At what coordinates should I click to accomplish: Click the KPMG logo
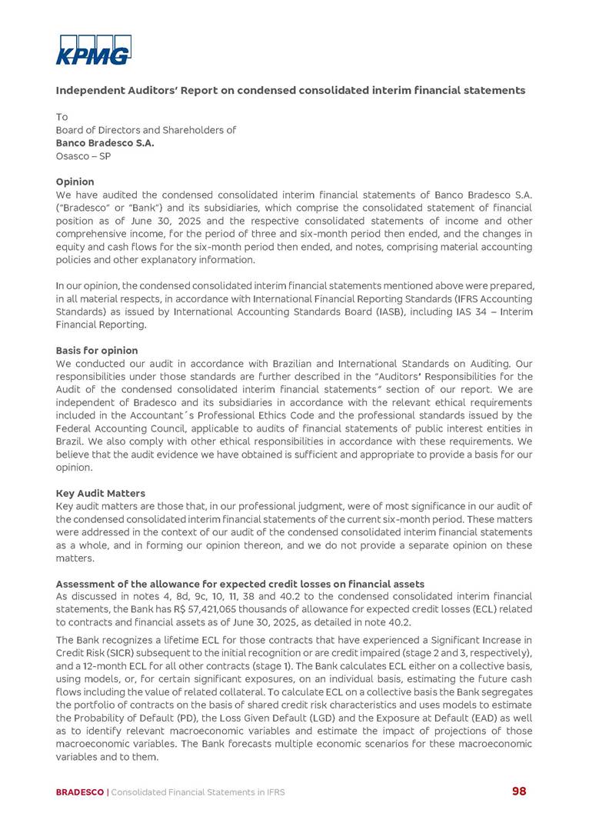point(93,50)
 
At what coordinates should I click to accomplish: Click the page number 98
point(520,791)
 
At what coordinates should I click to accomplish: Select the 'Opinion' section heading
point(75,182)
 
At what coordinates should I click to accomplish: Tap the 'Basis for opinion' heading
point(97,350)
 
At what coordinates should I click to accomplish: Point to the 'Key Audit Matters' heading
point(100,493)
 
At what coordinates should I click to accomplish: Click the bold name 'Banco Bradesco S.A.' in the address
point(105,142)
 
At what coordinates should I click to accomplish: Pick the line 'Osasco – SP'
point(83,155)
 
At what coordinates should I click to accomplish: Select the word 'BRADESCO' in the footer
point(79,791)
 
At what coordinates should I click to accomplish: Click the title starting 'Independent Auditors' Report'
point(290,91)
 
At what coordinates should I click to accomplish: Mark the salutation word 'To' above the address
point(62,117)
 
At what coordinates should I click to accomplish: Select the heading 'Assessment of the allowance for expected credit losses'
point(240,585)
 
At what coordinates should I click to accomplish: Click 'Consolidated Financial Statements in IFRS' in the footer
point(198,791)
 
